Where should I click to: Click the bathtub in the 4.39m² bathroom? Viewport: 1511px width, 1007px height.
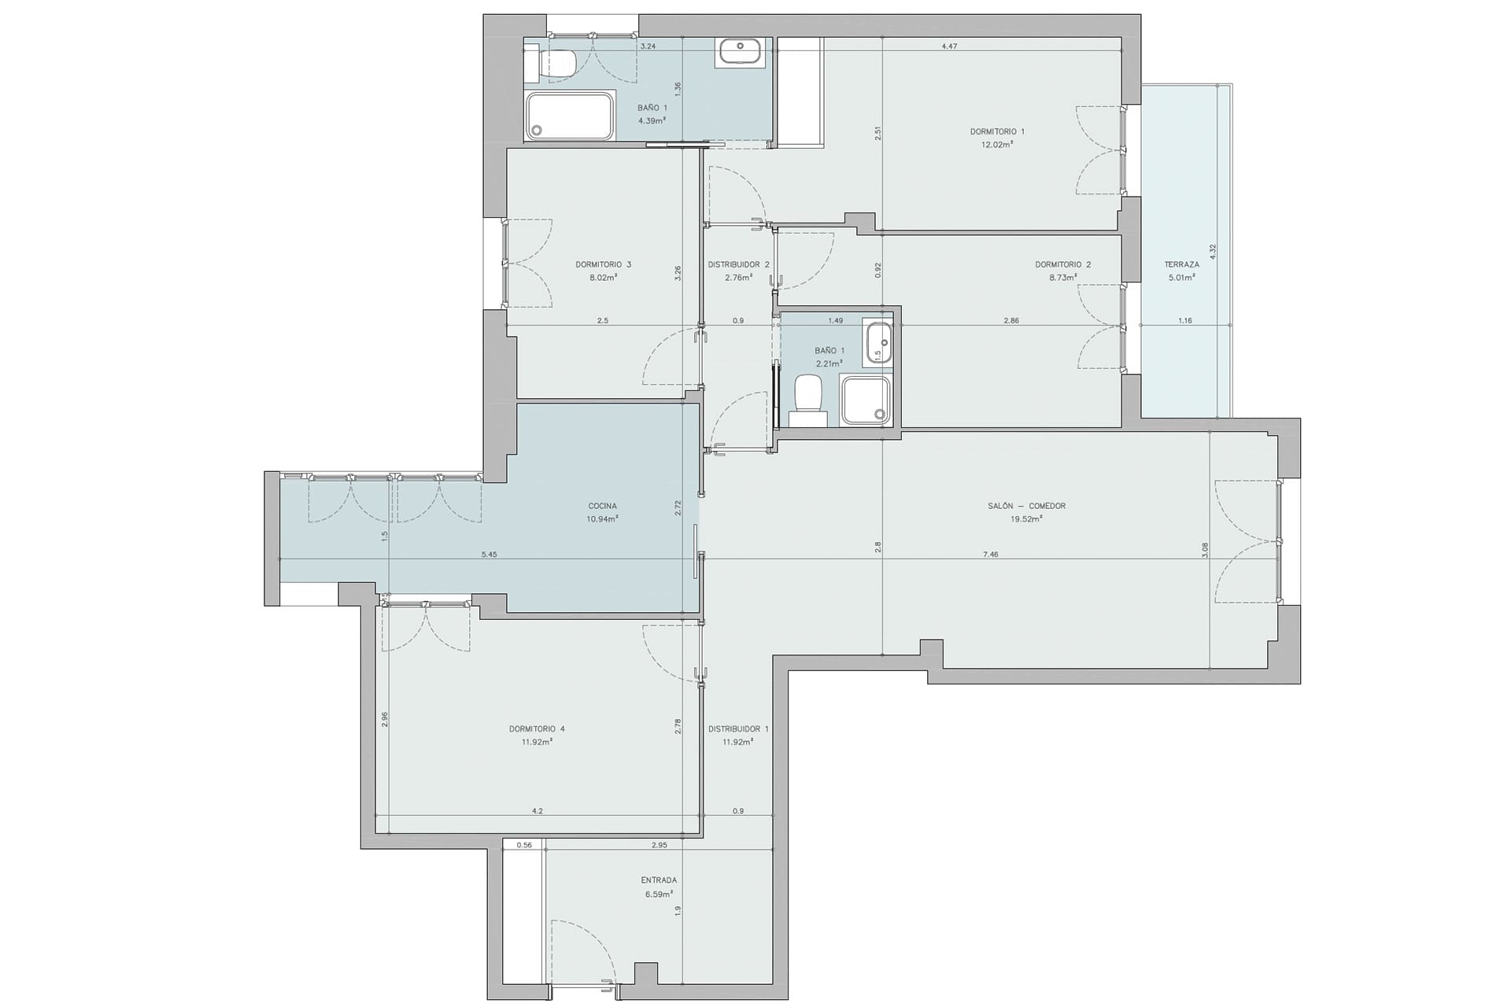click(x=570, y=117)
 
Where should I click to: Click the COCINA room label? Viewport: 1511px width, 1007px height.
click(x=602, y=506)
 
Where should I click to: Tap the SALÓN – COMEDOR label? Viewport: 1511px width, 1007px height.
click(x=1026, y=506)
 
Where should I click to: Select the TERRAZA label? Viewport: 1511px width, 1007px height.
click(x=1182, y=264)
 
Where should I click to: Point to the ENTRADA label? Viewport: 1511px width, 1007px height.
click(x=659, y=880)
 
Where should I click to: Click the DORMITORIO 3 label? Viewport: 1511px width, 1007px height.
click(x=603, y=264)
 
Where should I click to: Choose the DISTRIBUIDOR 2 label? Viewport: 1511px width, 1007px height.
click(x=738, y=264)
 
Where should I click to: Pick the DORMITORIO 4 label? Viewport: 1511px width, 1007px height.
click(x=537, y=729)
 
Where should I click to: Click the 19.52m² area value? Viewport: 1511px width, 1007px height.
click(x=1026, y=519)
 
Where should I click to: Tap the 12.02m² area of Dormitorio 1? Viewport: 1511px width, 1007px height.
click(x=996, y=145)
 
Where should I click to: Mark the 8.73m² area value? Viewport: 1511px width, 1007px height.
click(x=1062, y=278)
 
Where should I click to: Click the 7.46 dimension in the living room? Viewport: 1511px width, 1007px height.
click(x=991, y=555)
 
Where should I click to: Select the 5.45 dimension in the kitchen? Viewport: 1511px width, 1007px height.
click(x=489, y=555)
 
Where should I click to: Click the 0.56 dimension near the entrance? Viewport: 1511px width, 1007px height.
click(x=524, y=845)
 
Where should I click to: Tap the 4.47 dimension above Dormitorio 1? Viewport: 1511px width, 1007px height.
click(x=949, y=46)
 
